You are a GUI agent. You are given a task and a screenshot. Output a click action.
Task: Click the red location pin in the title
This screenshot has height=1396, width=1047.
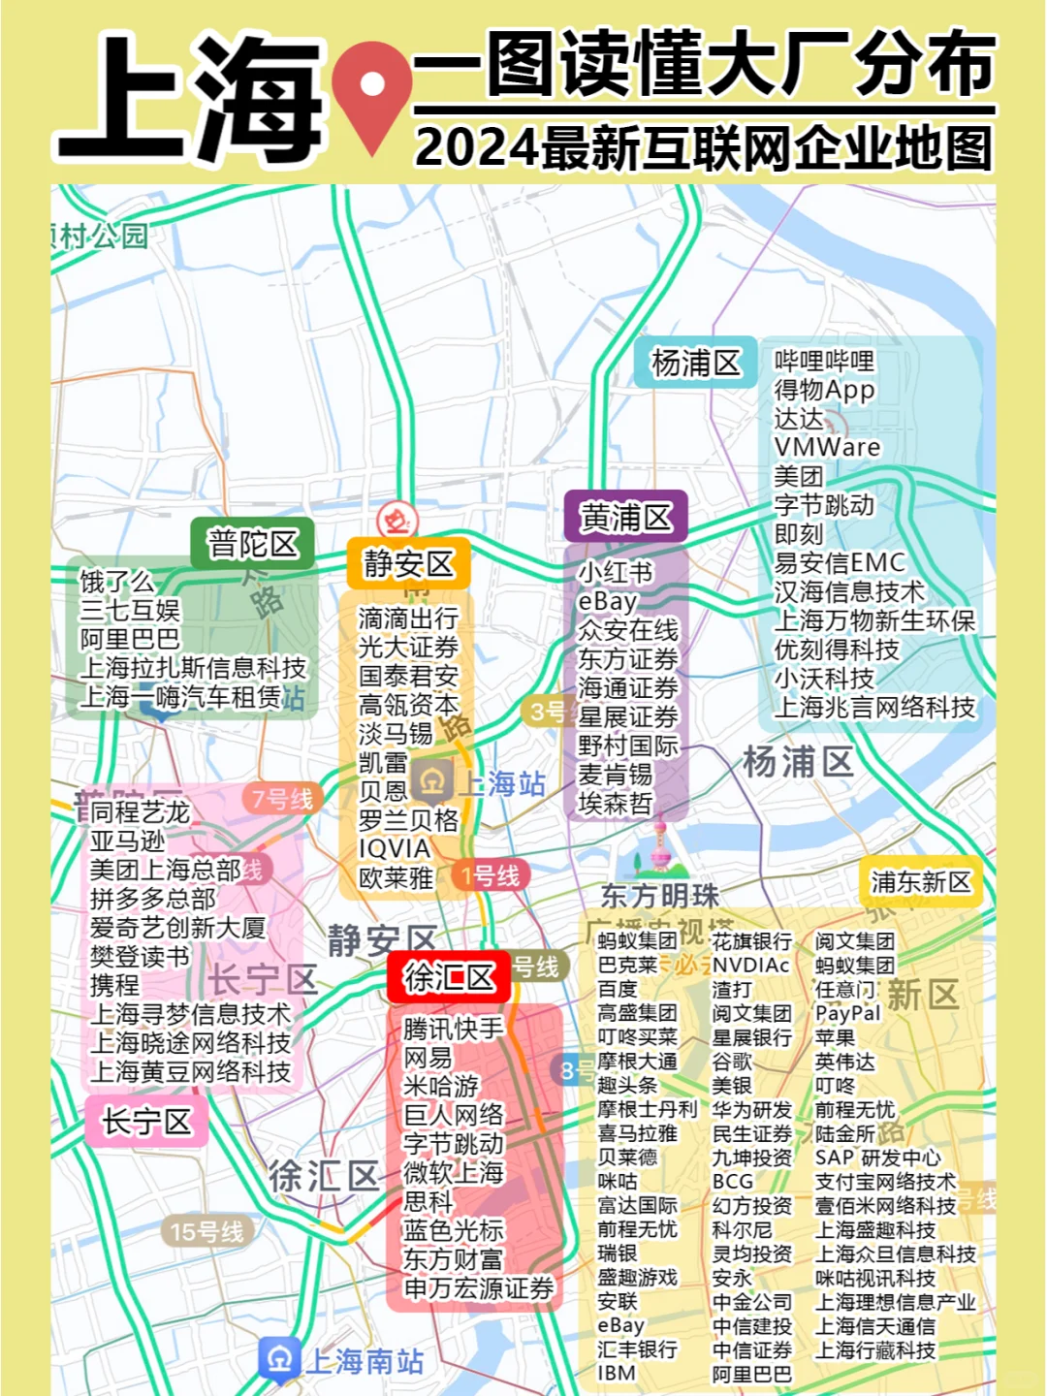point(371,91)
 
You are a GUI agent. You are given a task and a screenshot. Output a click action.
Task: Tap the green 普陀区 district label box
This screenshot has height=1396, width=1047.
point(253,544)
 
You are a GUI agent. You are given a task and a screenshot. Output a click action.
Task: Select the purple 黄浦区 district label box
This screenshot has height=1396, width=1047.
point(625,517)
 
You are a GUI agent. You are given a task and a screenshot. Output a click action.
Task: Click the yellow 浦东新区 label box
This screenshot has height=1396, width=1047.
point(920,881)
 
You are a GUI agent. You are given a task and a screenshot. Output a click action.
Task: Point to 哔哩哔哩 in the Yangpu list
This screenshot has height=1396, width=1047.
point(824,361)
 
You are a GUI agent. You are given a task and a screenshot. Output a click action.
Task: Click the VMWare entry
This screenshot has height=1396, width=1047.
point(827,447)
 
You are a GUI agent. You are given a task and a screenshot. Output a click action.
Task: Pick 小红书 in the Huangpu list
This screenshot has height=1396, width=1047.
point(616,572)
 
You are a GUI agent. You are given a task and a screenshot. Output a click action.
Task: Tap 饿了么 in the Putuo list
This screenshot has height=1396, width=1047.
point(116,582)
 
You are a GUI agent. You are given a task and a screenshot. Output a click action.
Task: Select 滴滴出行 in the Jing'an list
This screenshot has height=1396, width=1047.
point(408,618)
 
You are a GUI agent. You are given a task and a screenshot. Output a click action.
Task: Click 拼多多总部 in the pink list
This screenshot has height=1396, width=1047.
point(153,898)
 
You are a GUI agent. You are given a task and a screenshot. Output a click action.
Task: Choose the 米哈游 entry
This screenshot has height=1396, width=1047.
point(441,1086)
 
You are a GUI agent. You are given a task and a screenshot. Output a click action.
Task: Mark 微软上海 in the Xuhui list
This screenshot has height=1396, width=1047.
point(453,1172)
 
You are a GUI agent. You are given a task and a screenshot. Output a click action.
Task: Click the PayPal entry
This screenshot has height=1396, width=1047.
point(848,1013)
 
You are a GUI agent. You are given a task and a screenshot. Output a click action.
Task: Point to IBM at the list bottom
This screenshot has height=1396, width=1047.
point(617,1373)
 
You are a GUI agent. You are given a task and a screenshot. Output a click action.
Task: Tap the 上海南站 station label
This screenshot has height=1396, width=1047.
point(364,1361)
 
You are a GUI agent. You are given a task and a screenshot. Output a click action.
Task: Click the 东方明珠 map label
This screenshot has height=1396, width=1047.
point(659,895)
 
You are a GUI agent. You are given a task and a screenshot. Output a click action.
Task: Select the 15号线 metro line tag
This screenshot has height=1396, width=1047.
point(206,1232)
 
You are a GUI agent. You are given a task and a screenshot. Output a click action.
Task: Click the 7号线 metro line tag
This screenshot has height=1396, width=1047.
point(282,799)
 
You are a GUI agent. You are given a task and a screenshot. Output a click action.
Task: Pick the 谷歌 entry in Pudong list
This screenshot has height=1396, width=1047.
point(732,1062)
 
